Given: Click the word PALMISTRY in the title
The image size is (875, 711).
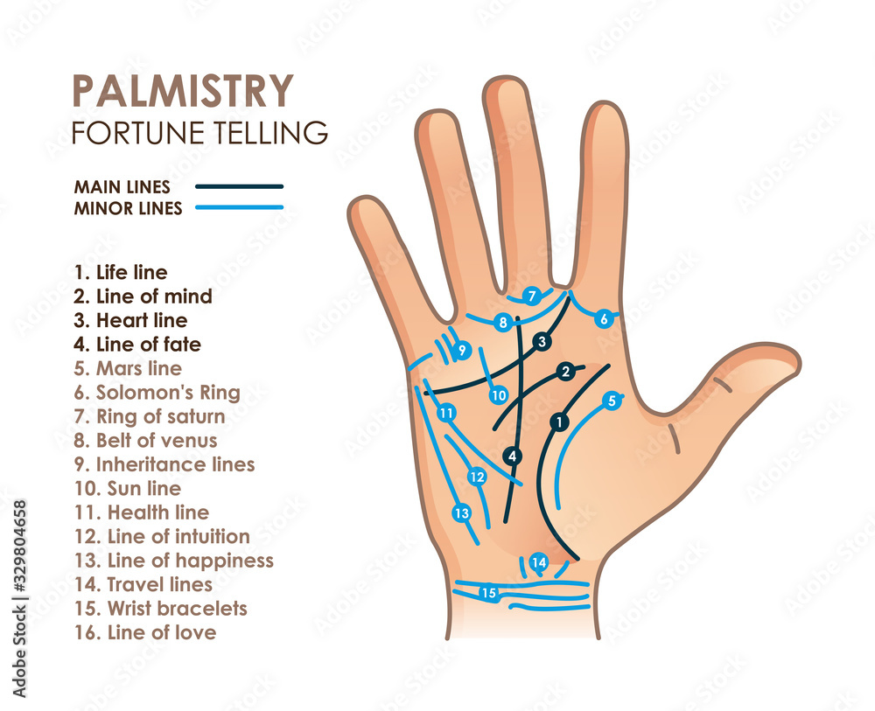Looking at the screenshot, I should tap(182, 90).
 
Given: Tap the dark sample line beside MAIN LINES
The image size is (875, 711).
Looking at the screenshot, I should tap(239, 186).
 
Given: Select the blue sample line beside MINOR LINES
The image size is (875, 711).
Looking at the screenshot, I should tap(239, 208).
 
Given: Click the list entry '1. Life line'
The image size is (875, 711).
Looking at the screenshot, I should tap(120, 273).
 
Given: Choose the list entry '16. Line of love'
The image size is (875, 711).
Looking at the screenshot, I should tap(144, 632).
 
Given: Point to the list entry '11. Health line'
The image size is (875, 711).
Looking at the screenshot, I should tap(141, 512).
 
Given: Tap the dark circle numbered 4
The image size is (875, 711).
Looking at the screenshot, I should tap(513, 456).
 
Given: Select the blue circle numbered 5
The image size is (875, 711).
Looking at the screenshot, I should tap(612, 401).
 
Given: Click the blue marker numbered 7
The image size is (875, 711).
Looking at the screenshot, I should tap(531, 296).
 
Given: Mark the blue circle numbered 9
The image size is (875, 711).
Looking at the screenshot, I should tap(463, 350).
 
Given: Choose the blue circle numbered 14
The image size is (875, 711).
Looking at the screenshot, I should tap(539, 562).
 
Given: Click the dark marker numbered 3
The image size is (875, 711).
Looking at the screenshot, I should tap(542, 341).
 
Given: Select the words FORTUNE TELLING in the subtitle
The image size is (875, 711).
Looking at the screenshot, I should tap(199, 133).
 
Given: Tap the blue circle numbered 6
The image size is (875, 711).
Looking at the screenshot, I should tap(603, 319).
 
